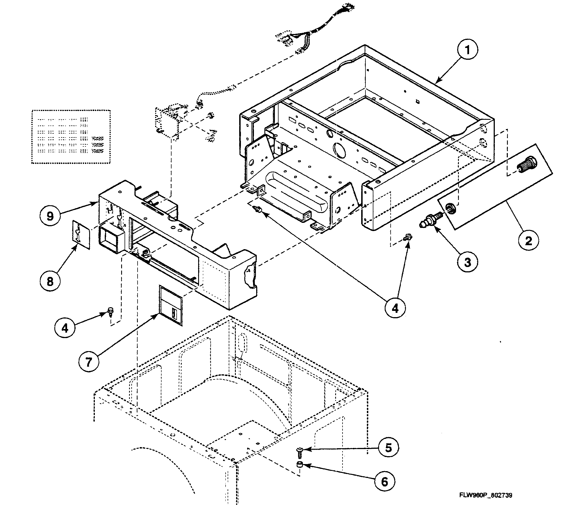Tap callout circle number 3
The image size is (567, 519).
(467, 262)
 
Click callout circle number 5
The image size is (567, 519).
(388, 448)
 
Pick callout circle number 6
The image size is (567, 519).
(384, 481)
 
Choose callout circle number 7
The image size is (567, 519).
(89, 362)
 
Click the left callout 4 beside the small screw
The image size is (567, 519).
(65, 328)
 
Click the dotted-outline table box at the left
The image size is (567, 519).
(71, 136)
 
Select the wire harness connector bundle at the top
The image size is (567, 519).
(317, 31)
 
